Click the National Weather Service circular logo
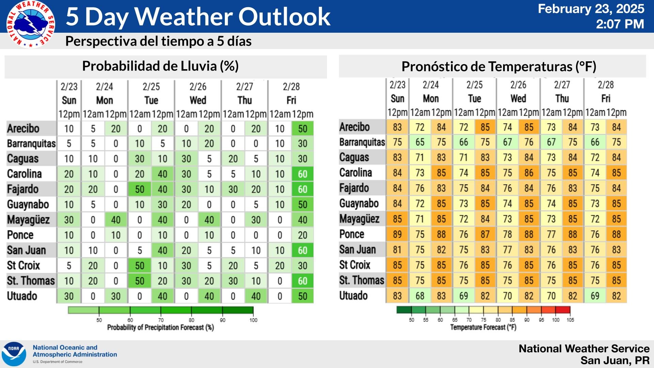pos(31,24)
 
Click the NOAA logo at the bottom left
pos(14,354)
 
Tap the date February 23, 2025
pos(591,9)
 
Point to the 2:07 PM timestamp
pos(620,24)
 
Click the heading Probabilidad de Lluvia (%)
pos(160,66)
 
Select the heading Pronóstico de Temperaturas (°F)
pos(499,67)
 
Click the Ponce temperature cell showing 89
pos(397,234)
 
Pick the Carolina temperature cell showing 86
pos(529,173)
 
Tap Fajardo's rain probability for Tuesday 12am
pos(140,189)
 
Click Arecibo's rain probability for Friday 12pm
pos(302,129)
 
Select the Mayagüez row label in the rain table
pos(29,220)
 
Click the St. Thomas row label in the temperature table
pos(361,280)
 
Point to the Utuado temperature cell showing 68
pos(420,296)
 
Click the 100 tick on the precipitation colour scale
pos(253,320)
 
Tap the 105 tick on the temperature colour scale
pos(570,320)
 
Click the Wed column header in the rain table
pos(198,100)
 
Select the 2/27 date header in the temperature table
pos(562,85)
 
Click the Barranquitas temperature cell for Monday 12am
pos(420,142)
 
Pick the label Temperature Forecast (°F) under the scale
pos(483,327)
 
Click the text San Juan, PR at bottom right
pos(615,361)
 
